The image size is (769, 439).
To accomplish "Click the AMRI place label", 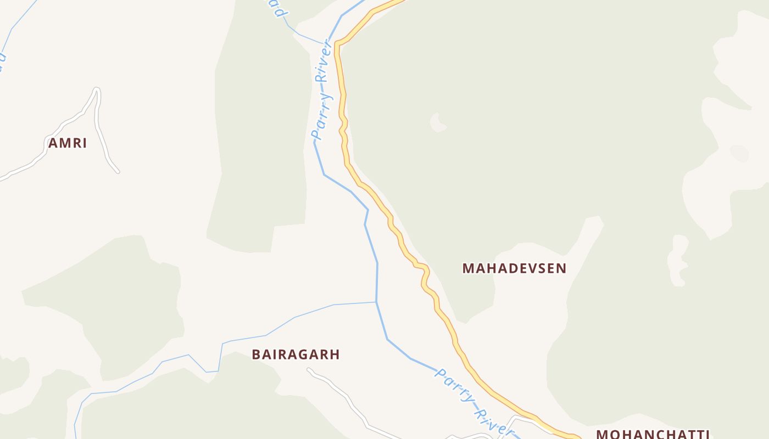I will click(68, 143).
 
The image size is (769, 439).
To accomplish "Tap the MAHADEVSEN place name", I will click(514, 268).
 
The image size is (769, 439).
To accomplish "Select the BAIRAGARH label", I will click(296, 354).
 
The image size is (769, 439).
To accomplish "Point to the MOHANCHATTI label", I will click(653, 434).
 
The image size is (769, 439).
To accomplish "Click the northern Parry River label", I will click(322, 91).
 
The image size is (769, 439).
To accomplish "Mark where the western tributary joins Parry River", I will click(376, 302).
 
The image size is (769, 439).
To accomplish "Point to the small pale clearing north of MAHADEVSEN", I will click(438, 122).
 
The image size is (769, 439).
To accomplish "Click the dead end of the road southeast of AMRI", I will click(118, 172).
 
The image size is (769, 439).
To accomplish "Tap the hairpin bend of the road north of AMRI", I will click(97, 89).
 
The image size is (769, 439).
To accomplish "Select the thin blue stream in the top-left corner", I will click(16, 22).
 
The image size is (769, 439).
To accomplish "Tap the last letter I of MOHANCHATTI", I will click(707, 434).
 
